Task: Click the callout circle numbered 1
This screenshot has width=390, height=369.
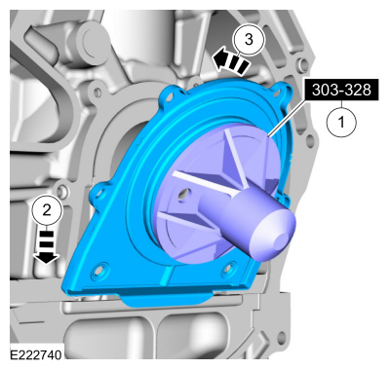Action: pos(341,123)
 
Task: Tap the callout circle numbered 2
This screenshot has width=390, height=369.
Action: pos(47,210)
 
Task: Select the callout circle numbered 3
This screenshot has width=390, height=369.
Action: pos(249,40)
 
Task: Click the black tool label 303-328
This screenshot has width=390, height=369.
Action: pos(341,90)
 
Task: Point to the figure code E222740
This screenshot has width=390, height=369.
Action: pos(36,355)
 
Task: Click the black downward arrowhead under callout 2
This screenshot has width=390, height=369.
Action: pos(46,257)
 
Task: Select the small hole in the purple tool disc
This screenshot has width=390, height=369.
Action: pos(184,194)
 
